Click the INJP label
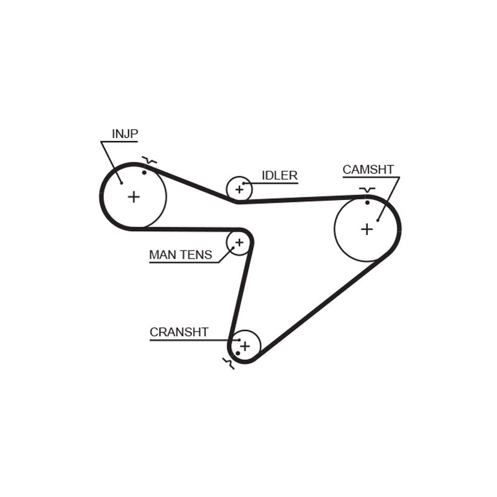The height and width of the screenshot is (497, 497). [125, 134]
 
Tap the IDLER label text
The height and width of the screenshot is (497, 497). [280, 175]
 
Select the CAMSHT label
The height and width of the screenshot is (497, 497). [368, 170]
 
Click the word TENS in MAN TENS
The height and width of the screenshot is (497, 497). [197, 255]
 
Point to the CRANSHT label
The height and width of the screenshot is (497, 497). [179, 332]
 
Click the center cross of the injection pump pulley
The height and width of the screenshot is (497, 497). [134, 197]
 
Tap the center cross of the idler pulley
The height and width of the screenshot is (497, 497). [239, 189]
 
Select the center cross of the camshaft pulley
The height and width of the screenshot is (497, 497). [367, 229]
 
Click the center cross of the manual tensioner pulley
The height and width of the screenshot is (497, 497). [239, 242]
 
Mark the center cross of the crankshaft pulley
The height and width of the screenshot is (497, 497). [245, 346]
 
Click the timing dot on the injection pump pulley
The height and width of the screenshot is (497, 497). [144, 173]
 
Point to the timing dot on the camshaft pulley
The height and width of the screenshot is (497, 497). [367, 203]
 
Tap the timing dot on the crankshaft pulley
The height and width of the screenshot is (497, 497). [238, 353]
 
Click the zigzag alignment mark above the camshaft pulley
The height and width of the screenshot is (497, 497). [367, 190]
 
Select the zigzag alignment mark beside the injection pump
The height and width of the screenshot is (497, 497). [149, 160]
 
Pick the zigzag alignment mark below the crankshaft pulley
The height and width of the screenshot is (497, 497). [229, 363]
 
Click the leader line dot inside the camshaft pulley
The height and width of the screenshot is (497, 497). [378, 221]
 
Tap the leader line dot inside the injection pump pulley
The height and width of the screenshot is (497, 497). [121, 183]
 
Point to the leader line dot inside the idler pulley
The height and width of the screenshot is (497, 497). [244, 183]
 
